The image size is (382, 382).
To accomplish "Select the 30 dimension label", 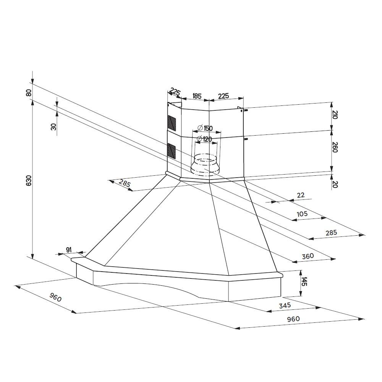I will [x=54, y=126].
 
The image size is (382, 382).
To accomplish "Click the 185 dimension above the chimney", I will [x=196, y=96].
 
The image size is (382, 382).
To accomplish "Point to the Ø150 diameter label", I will [x=205, y=128].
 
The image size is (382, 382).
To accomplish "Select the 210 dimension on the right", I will [x=335, y=114].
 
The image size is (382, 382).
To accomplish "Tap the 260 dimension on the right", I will [x=335, y=147].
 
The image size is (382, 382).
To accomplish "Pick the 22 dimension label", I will [x=301, y=195].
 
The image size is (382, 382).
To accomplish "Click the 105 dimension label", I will [x=302, y=214].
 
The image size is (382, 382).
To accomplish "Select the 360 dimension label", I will [x=308, y=256].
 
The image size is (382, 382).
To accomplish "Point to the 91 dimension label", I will [x=69, y=250].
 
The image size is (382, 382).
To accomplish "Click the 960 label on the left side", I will [x=55, y=298].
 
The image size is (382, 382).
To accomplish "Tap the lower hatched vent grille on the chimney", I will [x=172, y=151].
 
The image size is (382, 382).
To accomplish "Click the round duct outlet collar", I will [x=205, y=164].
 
